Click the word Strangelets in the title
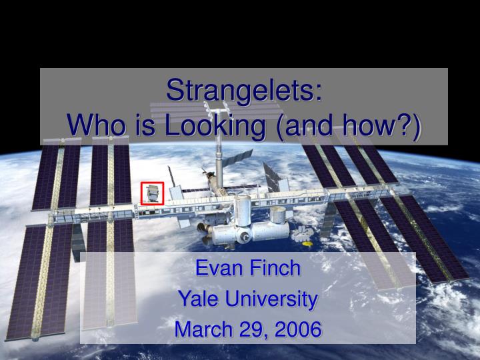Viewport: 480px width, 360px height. coord(241,91)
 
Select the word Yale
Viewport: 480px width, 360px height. coord(197,299)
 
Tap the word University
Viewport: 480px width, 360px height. coord(269,299)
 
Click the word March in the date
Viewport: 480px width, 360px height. coord(201,329)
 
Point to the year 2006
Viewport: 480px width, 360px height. coord(299,329)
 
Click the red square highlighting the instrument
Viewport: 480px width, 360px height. coord(152,193)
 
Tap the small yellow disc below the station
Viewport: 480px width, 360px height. coord(307,244)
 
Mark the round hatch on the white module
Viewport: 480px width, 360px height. coord(245,236)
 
